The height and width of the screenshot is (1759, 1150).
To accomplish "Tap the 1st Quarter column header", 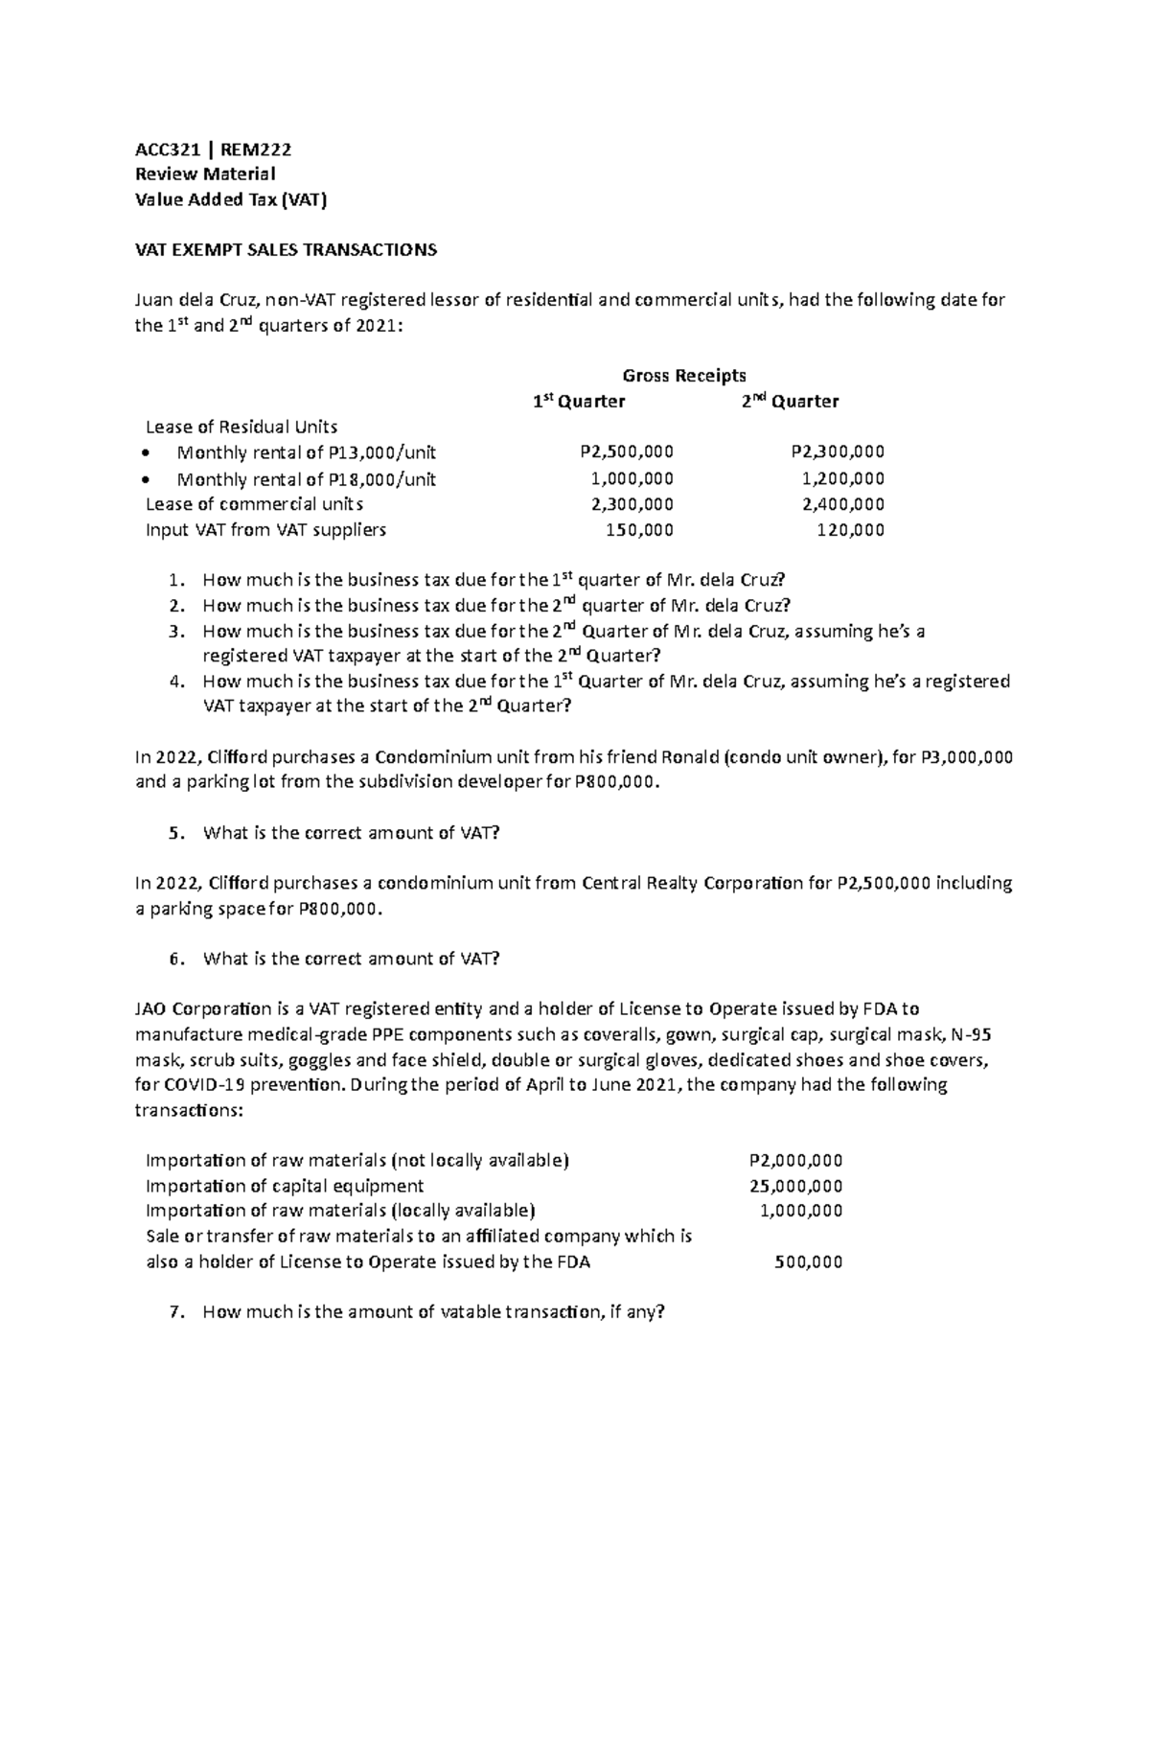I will (579, 402).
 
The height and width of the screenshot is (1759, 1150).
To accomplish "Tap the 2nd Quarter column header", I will (790, 402).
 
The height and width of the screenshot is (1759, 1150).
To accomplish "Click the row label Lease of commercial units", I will (254, 504).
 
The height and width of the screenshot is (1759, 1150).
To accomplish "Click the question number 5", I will (173, 834).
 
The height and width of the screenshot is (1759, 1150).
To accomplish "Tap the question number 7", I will (173, 1313).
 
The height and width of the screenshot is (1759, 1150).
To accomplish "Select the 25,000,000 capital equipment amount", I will (796, 1186).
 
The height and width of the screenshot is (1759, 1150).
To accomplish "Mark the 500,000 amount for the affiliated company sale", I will (808, 1262).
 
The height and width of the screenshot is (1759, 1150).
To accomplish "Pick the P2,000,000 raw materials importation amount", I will (795, 1161).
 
